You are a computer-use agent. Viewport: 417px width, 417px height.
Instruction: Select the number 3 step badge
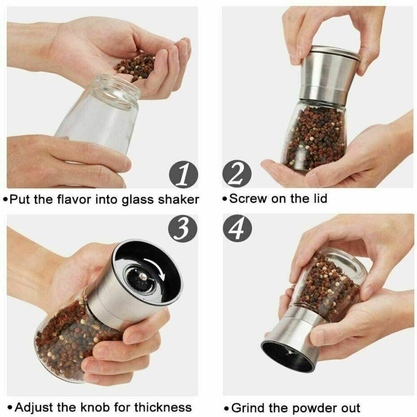(182, 228)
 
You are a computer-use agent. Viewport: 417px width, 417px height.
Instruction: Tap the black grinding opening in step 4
(288, 356)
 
